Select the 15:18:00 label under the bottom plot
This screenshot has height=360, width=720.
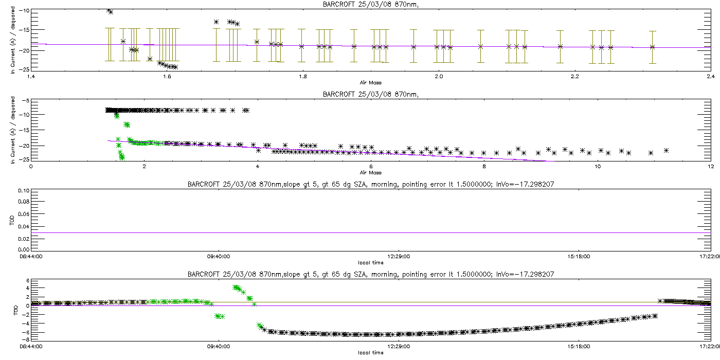[x=579, y=347]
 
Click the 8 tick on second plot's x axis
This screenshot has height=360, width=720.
[x=484, y=167]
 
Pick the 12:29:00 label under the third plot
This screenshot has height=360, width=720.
[x=398, y=257]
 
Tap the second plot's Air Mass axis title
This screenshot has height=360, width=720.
[x=370, y=172]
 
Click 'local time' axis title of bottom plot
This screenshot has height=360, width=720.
[x=370, y=352]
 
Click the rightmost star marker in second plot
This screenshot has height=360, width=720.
[x=666, y=150]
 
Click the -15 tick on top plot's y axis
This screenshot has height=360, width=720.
[x=23, y=30]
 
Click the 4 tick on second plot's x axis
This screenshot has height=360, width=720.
[x=257, y=167]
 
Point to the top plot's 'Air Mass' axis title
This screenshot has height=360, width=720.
[x=370, y=82]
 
